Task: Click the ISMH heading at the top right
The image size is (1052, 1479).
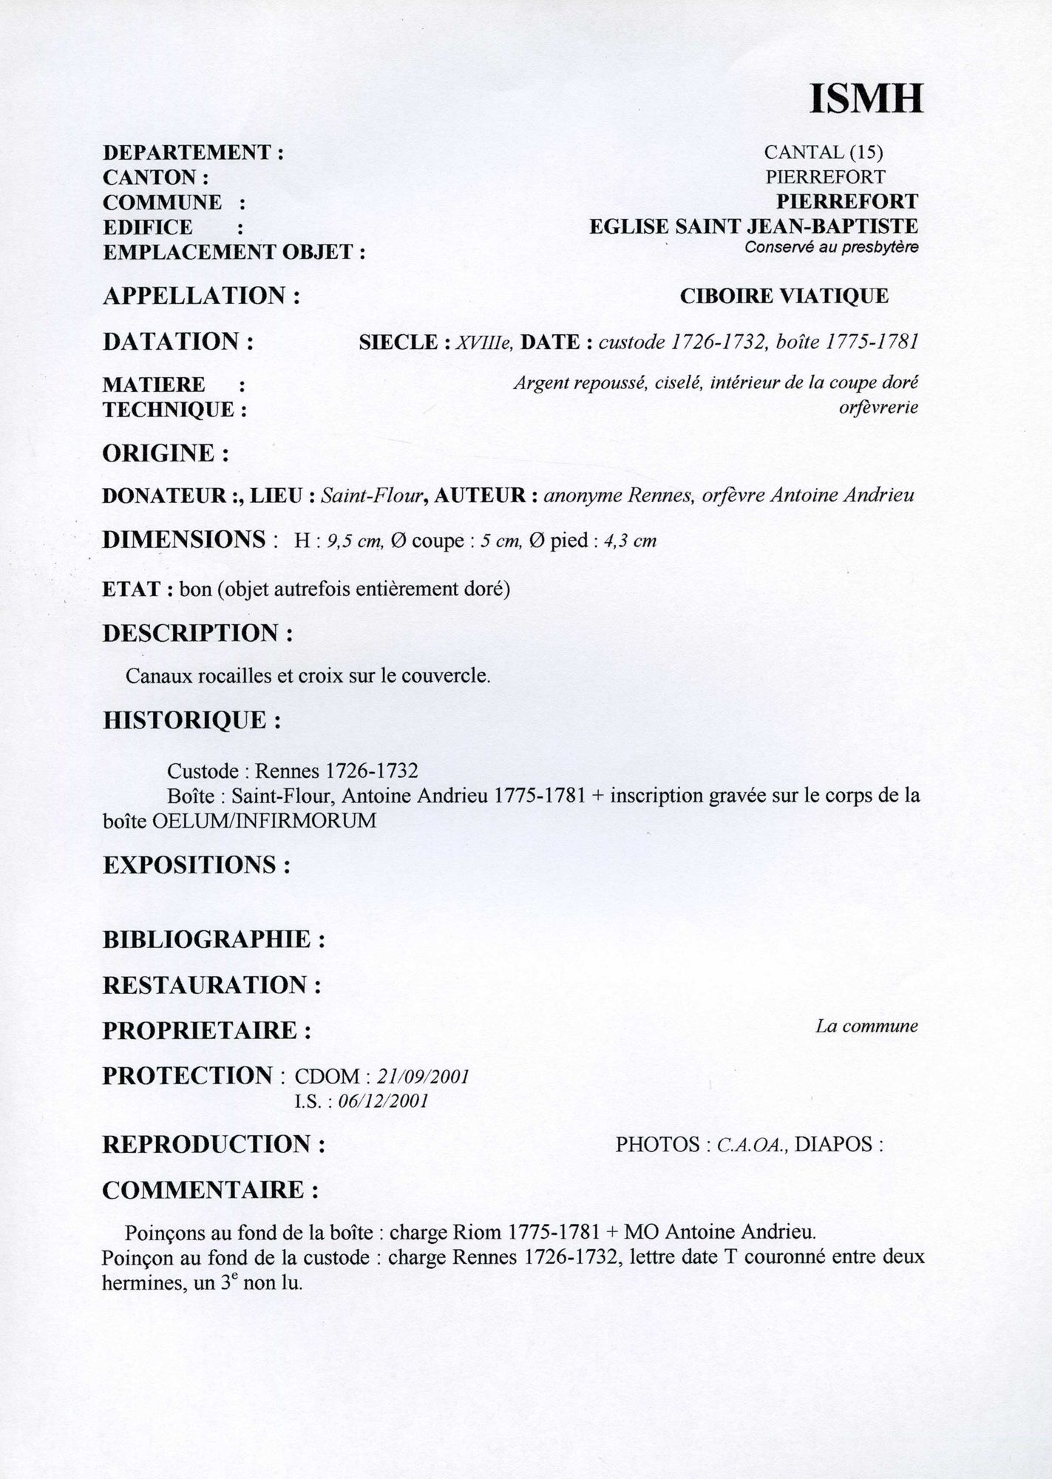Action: [x=866, y=98]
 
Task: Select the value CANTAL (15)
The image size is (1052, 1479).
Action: [x=824, y=152]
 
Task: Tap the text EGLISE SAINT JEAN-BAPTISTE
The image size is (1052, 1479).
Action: [x=753, y=226]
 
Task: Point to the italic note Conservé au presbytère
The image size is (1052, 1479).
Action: [x=831, y=248]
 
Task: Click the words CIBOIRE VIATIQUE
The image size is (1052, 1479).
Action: [x=784, y=296]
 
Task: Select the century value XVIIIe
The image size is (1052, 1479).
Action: [x=483, y=342]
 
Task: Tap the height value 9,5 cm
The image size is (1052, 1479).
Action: [x=354, y=541]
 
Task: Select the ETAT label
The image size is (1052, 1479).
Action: [x=131, y=589]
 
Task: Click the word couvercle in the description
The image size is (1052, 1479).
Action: [x=452, y=676]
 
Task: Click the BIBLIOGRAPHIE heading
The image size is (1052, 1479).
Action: [x=208, y=940]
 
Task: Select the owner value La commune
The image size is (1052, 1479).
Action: [x=866, y=1026]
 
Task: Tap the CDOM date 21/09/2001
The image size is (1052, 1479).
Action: [x=422, y=1077]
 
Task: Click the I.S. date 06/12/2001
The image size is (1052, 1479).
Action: [x=382, y=1101]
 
